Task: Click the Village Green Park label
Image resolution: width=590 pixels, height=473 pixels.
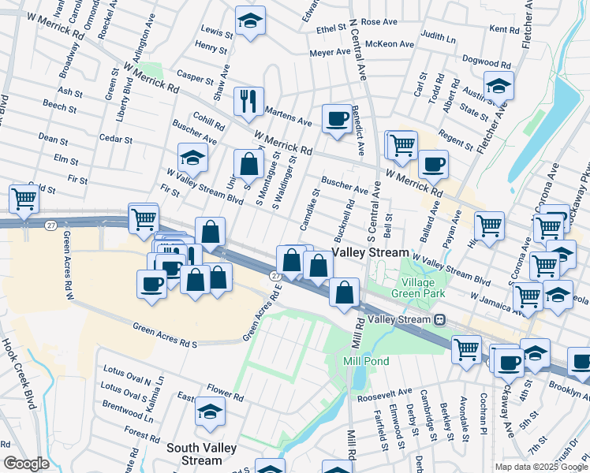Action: pyautogui.click(x=424, y=288)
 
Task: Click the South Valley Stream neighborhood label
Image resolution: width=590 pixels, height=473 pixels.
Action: pyautogui.click(x=194, y=453)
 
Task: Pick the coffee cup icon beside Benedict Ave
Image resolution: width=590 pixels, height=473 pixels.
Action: pyautogui.click(x=337, y=119)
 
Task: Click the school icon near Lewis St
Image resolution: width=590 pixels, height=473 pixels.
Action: pyautogui.click(x=250, y=21)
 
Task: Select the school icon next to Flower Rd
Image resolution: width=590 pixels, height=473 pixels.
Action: pyautogui.click(x=210, y=412)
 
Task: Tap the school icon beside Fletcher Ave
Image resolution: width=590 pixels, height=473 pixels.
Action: pyautogui.click(x=499, y=86)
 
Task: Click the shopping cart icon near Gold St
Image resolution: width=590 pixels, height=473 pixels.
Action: pyautogui.click(x=24, y=199)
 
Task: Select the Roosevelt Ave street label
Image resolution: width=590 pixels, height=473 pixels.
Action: pyautogui.click(x=384, y=391)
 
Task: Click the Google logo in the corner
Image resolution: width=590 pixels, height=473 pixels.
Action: pyautogui.click(x=26, y=464)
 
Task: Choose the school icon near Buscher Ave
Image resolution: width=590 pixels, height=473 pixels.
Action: pyautogui.click(x=192, y=158)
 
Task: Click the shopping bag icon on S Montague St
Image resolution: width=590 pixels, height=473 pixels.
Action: pyautogui.click(x=248, y=165)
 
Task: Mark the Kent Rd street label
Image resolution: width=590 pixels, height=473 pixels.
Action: pyautogui.click(x=503, y=29)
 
